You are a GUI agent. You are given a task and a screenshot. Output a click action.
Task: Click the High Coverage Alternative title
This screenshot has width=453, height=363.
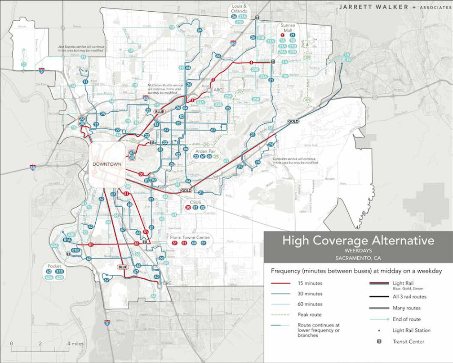click(358, 240)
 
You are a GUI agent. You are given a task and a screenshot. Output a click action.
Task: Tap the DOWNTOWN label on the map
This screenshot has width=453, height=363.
click(107, 164)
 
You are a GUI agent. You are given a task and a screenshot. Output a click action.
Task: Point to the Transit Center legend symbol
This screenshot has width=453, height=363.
click(379, 341)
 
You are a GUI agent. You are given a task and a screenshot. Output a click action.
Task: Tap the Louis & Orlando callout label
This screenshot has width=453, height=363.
click(239, 9)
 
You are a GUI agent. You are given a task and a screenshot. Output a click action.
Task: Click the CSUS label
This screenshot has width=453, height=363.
click(195, 202)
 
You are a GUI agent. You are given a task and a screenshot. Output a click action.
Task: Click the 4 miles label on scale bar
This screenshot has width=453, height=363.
click(75, 343)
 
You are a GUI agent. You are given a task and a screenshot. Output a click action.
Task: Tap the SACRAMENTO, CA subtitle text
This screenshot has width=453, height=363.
click(358, 258)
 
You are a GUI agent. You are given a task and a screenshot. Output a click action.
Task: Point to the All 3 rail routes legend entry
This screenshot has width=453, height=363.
click(409, 297)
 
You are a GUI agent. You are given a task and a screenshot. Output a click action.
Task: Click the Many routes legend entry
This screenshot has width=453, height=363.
click(406, 308)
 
